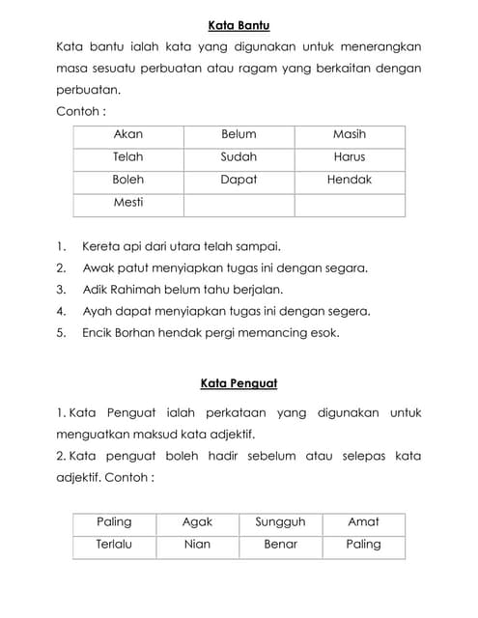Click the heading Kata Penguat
[x=239, y=383]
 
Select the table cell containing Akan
[x=127, y=134]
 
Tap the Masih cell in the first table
[x=350, y=134]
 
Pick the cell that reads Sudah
[x=239, y=156]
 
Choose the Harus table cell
[x=350, y=156]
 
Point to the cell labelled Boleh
[x=127, y=180]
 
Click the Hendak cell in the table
[x=350, y=180]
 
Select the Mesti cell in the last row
[x=127, y=203]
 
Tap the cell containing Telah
[x=127, y=156]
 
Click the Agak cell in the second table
[x=197, y=522]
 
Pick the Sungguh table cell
[x=280, y=522]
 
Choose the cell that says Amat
[x=363, y=522]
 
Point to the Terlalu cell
[x=114, y=545]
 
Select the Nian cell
[x=197, y=545]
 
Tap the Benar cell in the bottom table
[x=280, y=545]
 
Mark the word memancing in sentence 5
[x=276, y=333]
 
